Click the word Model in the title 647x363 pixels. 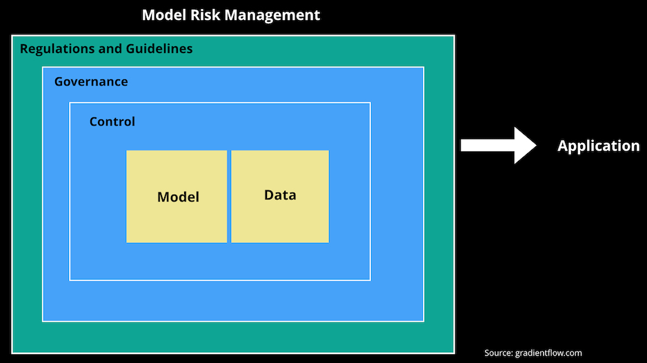[x=163, y=15]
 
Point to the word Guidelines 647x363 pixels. [x=159, y=49]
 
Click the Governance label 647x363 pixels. [x=91, y=81]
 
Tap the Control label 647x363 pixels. [x=112, y=121]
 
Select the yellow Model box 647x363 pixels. [x=177, y=197]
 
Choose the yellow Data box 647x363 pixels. [x=280, y=197]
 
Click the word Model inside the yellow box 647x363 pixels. [x=178, y=197]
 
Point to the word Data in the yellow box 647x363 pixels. [x=280, y=195]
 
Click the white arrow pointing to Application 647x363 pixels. [x=499, y=146]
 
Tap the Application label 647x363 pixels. [x=599, y=146]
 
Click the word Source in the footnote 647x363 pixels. [x=499, y=353]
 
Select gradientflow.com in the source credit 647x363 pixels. [x=548, y=353]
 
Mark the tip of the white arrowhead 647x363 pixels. [x=537, y=146]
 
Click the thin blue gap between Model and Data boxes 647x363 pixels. [x=229, y=197]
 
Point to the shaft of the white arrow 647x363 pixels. [x=488, y=146]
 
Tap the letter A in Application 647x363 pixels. [x=564, y=146]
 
